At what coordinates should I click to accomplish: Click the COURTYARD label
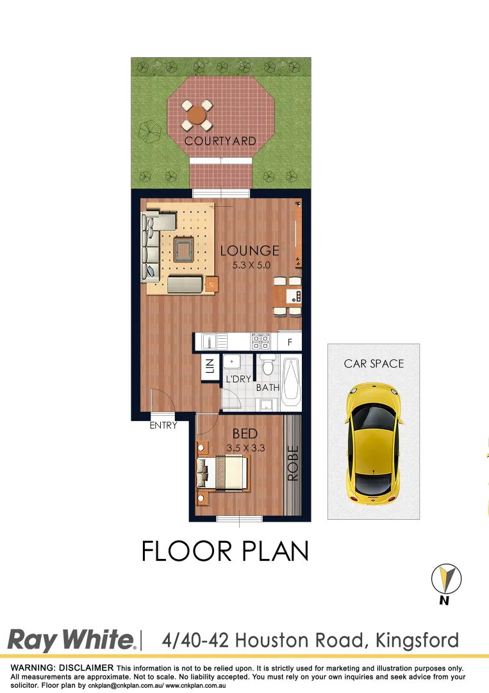pos(220,141)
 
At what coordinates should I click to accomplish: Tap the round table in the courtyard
pos(197,116)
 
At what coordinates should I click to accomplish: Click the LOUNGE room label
pos(249,251)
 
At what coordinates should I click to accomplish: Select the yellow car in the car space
pos(374,443)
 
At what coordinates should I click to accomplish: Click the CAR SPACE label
pos(374,364)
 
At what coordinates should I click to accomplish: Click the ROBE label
pos(293,463)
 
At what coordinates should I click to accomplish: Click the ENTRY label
pos(163,425)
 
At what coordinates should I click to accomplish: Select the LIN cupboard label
pos(210,367)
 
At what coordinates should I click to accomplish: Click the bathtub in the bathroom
pos(291,383)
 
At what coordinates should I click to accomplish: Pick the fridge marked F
pos(290,343)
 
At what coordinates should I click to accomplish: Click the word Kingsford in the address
pos(418,640)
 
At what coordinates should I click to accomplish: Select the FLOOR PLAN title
pos(225,551)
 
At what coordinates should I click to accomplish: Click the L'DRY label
pos(238,379)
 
